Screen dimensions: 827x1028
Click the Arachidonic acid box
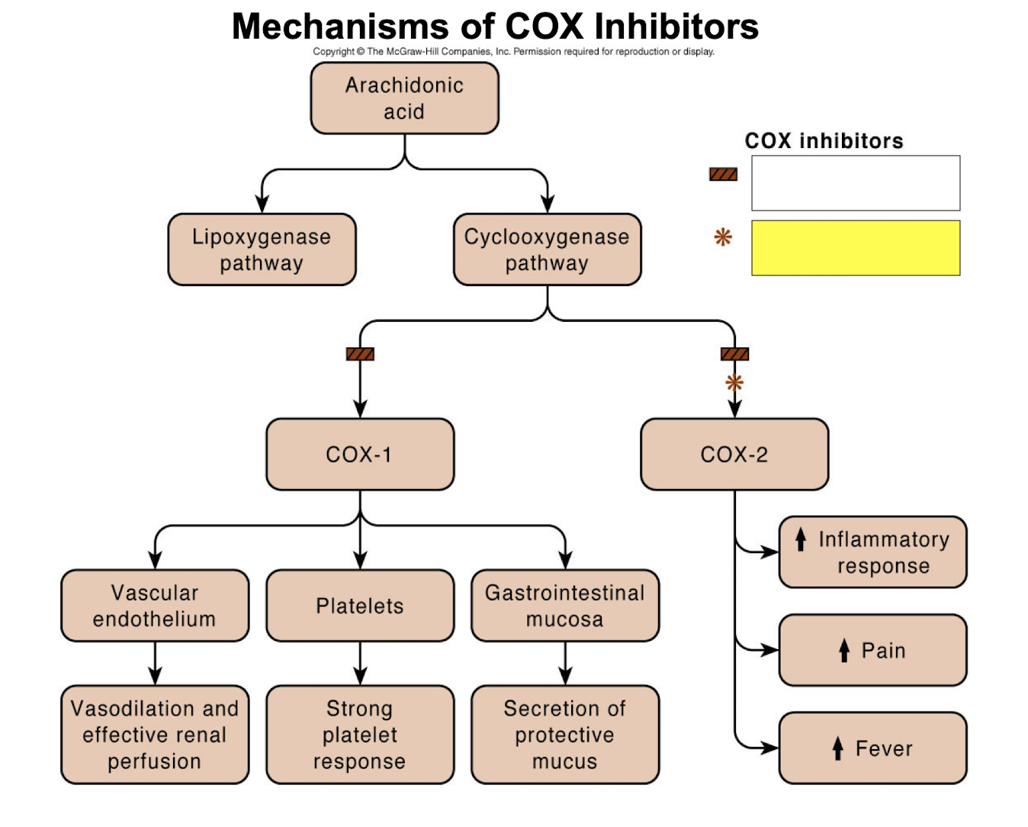click(404, 98)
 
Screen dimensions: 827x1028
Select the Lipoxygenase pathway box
click(262, 249)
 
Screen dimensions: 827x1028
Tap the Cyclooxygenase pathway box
click(547, 249)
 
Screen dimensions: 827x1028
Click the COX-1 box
click(359, 454)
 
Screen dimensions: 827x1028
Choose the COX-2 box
click(734, 454)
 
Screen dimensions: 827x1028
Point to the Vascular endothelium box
click(155, 605)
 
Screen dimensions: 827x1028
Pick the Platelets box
click(359, 605)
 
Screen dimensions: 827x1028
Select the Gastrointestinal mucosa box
click(564, 605)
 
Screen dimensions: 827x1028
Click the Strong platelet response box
click(359, 734)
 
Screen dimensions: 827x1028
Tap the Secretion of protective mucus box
click(564, 734)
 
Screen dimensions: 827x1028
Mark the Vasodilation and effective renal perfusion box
click(155, 734)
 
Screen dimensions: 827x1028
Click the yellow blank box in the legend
click(855, 248)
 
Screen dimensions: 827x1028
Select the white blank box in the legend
click(855, 183)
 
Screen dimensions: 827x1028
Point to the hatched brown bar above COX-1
click(360, 354)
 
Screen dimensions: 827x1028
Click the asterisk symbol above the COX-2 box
click(734, 382)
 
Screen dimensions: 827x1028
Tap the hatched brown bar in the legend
click(723, 174)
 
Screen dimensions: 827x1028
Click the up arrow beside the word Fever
click(837, 748)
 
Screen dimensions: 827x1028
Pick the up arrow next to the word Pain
click(843, 650)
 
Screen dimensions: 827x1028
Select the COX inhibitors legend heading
click(824, 141)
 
